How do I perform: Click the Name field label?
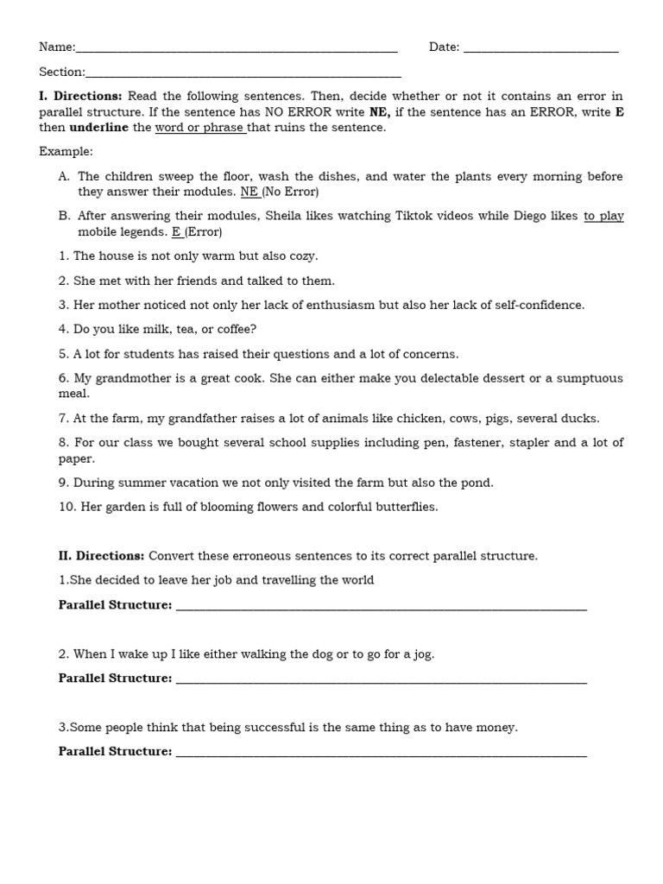[57, 47]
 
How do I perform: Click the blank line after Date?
[540, 49]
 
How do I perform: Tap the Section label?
[62, 73]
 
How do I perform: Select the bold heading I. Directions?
[80, 96]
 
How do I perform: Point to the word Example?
[66, 151]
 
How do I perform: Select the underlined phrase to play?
[603, 216]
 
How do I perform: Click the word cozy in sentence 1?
[302, 256]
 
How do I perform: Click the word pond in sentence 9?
[477, 483]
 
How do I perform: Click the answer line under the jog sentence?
[381, 680]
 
